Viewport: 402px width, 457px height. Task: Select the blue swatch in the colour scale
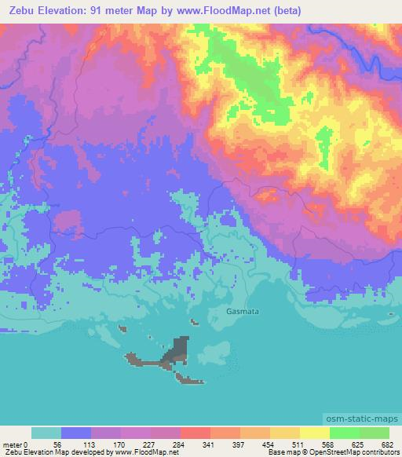click(76, 433)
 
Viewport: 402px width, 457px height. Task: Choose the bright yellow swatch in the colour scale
click(314, 433)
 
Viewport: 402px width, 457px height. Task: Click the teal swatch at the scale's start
click(46, 433)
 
